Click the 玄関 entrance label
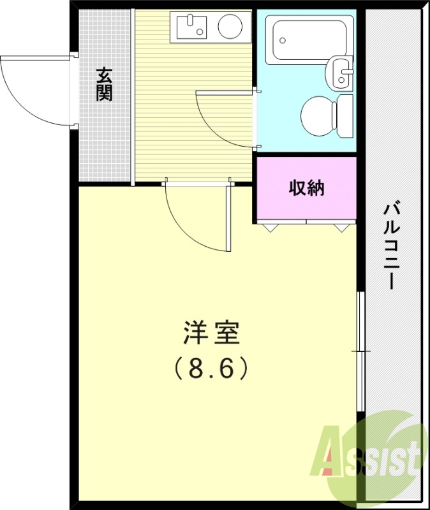(105, 84)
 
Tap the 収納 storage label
(307, 188)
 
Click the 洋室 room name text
(211, 333)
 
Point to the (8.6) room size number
(211, 368)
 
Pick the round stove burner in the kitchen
(230, 27)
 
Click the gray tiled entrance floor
(105, 140)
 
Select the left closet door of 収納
(281, 222)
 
